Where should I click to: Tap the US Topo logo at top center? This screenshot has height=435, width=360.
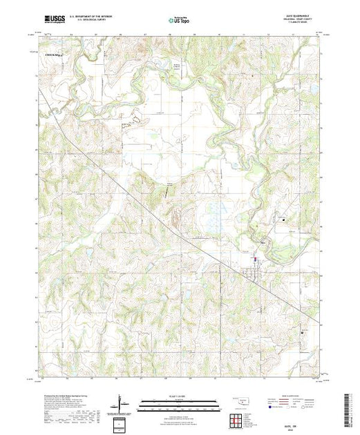pos(180,20)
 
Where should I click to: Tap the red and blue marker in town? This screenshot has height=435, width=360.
pos(255,260)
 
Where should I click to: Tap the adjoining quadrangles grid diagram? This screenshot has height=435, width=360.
pos(237,420)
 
